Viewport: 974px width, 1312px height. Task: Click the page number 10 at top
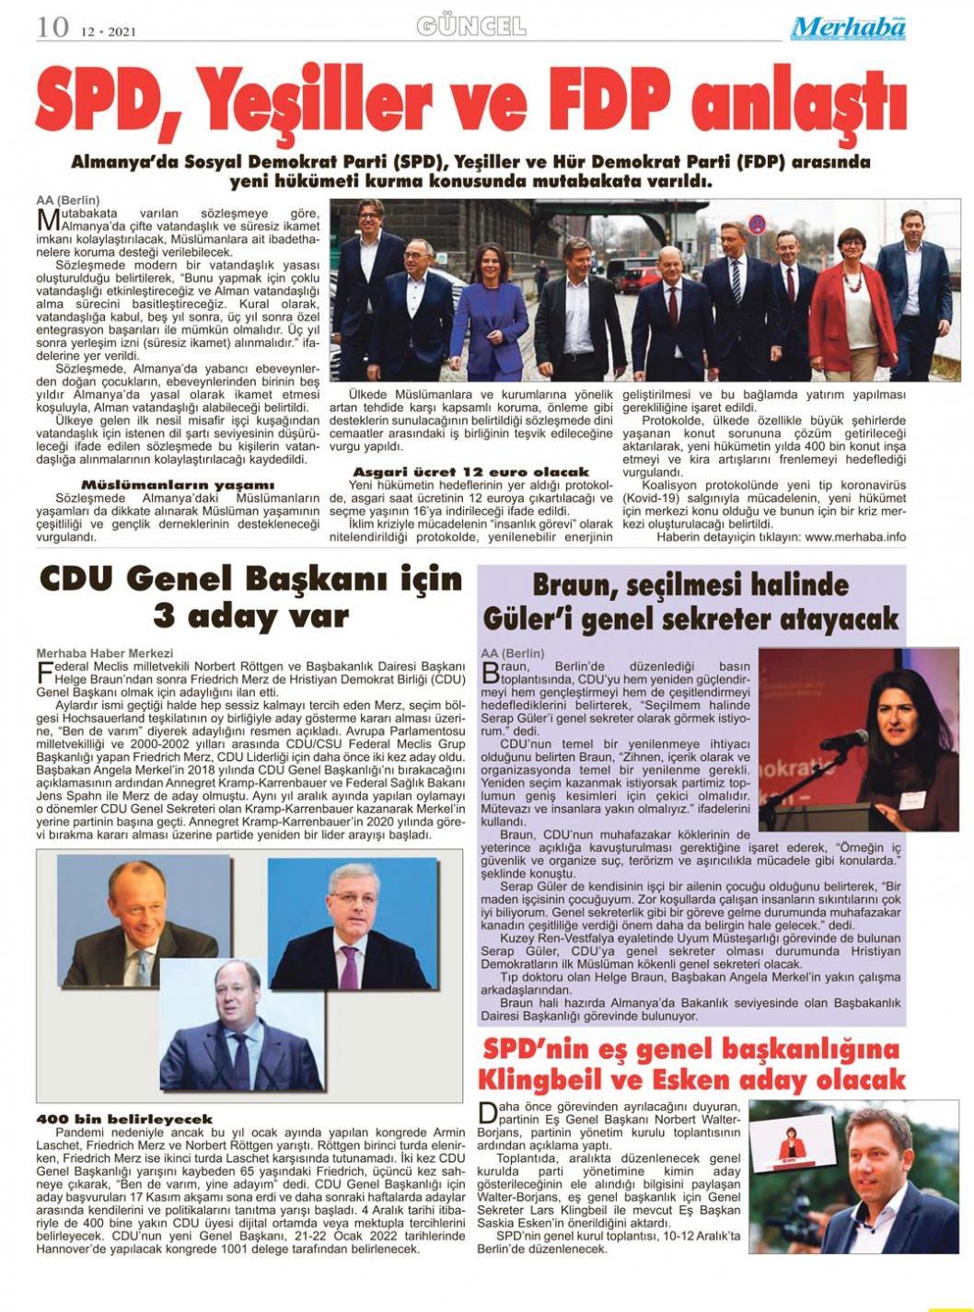pyautogui.click(x=52, y=27)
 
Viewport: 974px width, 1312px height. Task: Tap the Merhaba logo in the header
pyautogui.click(x=848, y=29)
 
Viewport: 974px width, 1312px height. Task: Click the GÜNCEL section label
pyautogui.click(x=471, y=26)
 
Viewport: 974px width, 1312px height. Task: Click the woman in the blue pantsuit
pyautogui.click(x=489, y=304)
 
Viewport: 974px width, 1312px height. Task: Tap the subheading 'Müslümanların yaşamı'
pyautogui.click(x=178, y=485)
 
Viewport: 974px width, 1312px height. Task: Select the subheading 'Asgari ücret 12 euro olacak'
pyautogui.click(x=470, y=472)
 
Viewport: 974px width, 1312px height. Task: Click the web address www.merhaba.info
pyautogui.click(x=855, y=537)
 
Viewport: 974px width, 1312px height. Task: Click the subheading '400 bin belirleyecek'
pyautogui.click(x=124, y=1119)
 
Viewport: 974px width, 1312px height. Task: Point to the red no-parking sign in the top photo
pyautogui.click(x=757, y=224)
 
